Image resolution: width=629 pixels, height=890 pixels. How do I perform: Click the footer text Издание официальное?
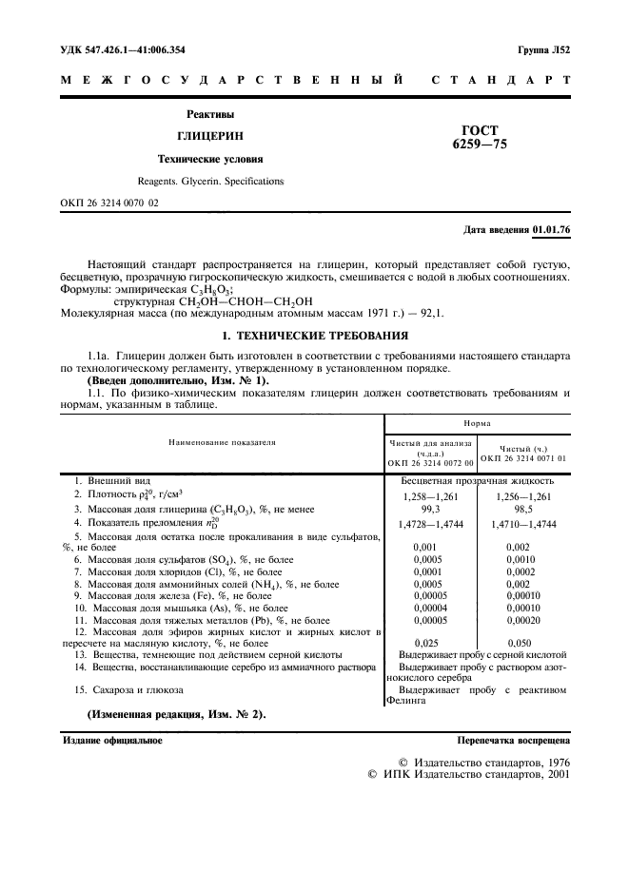[x=112, y=739]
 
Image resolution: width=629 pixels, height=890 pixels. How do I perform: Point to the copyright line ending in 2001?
[x=468, y=774]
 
